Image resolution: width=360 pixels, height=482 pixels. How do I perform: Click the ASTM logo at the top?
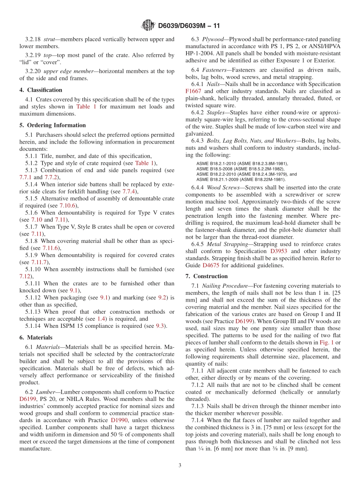tap(148, 25)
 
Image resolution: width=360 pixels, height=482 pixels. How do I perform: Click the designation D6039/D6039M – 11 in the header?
tap(189, 26)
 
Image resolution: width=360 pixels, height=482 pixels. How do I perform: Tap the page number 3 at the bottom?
tap(180, 466)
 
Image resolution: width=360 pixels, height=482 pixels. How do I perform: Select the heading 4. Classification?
tap(41, 90)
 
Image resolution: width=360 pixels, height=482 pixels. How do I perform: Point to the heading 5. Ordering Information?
tap(52, 125)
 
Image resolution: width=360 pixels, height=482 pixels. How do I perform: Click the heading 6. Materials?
tap(36, 337)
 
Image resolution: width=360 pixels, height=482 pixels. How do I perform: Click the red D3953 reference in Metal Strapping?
tap(279, 251)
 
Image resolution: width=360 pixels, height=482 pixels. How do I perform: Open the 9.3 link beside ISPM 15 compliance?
tap(160, 326)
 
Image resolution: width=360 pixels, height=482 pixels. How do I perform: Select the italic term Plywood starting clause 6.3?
tap(213, 39)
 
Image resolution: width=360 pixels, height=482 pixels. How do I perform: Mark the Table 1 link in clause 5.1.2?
tap(144, 163)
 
